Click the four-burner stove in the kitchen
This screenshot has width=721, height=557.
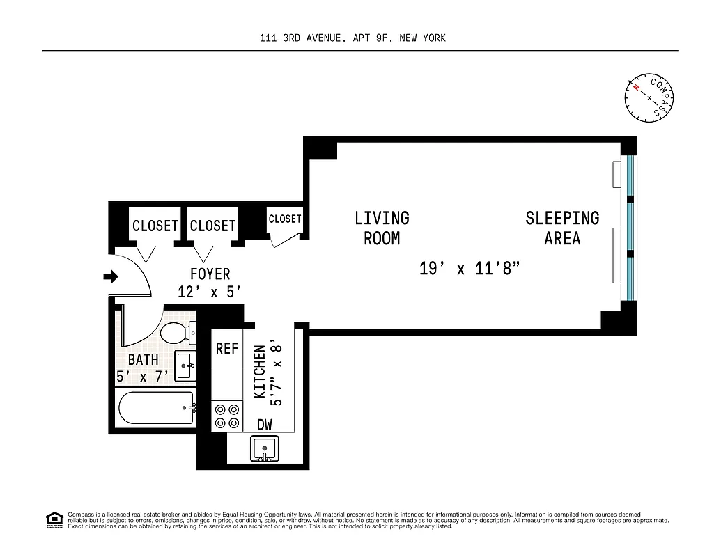[227, 416]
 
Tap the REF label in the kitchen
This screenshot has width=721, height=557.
[227, 349]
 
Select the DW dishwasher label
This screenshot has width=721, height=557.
[265, 425]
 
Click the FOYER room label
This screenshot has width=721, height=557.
[210, 274]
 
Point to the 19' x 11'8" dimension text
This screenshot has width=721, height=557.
[470, 269]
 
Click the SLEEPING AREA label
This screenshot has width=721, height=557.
[562, 228]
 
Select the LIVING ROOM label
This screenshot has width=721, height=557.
[382, 228]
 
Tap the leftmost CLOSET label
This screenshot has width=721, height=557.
[155, 226]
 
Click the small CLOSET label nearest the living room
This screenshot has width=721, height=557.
[285, 219]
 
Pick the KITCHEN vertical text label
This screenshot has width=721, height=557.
[259, 372]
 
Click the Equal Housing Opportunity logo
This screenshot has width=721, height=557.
[53, 519]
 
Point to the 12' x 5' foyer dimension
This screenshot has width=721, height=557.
[210, 292]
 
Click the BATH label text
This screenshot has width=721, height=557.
[143, 360]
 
